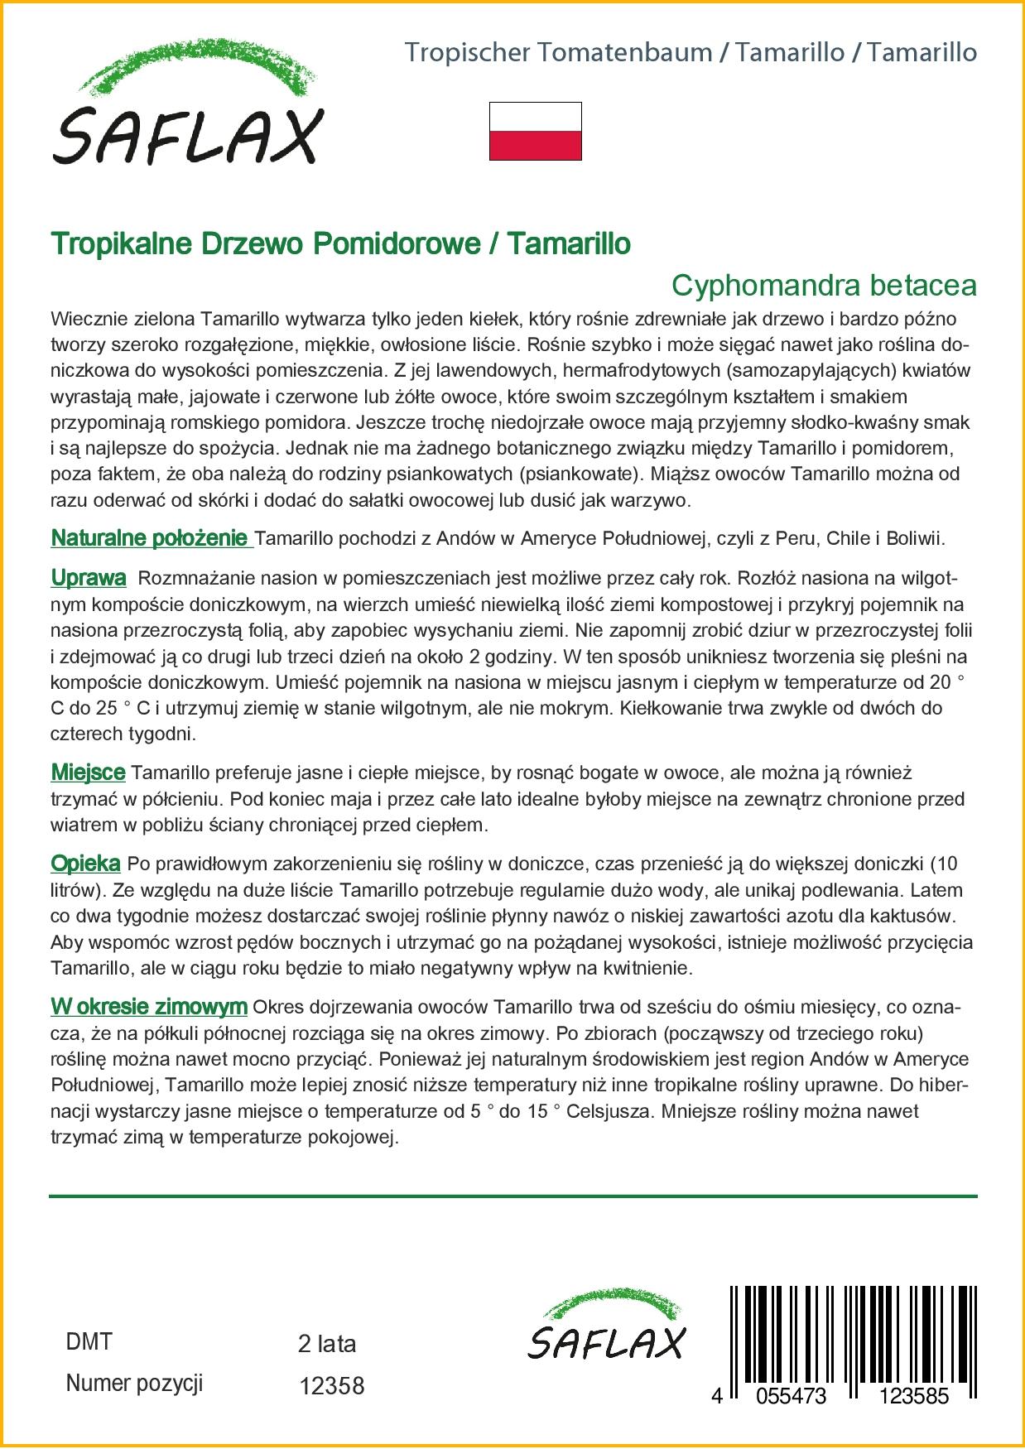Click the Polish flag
(x=535, y=131)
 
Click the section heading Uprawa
(x=89, y=578)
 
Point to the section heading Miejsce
(x=88, y=773)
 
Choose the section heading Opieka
(x=85, y=864)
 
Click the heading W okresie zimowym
(x=149, y=1007)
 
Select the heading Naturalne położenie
(x=152, y=538)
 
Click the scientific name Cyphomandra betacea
(x=824, y=286)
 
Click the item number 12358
(x=330, y=1386)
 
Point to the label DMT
(x=89, y=1341)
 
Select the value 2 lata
(x=327, y=1344)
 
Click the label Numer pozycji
(x=134, y=1383)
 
